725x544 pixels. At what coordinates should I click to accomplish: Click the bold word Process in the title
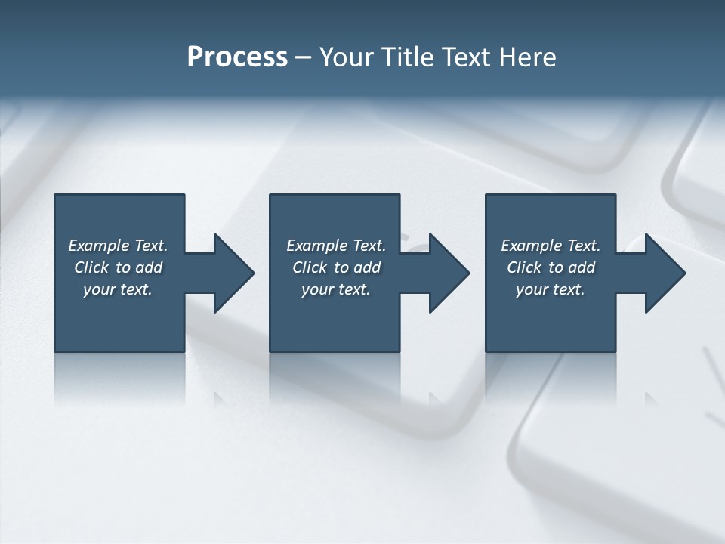pyautogui.click(x=237, y=57)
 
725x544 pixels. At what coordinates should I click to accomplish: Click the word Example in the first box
pyautogui.click(x=99, y=246)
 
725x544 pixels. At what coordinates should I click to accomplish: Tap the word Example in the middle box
pyautogui.click(x=317, y=246)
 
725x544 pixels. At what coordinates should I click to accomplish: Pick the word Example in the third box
pyautogui.click(x=532, y=246)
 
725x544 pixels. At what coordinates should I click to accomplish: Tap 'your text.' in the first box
pyautogui.click(x=118, y=289)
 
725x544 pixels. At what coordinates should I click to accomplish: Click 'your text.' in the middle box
pyautogui.click(x=336, y=289)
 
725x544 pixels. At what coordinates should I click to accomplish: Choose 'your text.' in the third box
pyautogui.click(x=551, y=289)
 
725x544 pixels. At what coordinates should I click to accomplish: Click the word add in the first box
pyautogui.click(x=150, y=267)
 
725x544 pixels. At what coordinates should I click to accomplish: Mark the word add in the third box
pyautogui.click(x=582, y=267)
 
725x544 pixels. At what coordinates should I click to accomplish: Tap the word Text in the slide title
pyautogui.click(x=467, y=57)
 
